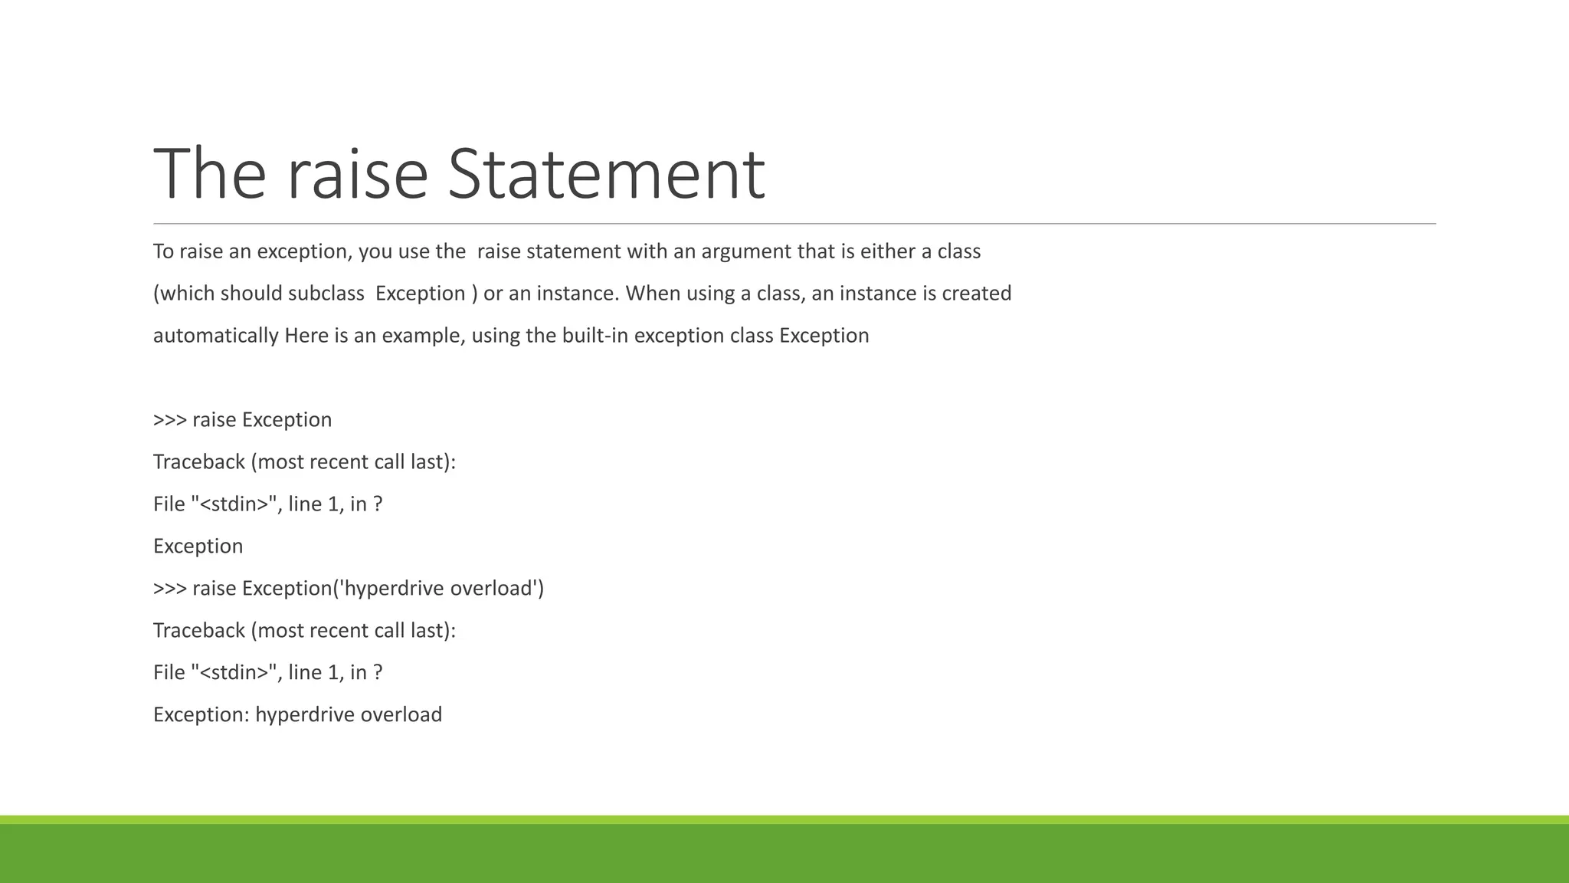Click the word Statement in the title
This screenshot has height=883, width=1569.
pyautogui.click(x=605, y=174)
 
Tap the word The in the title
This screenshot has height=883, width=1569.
pyautogui.click(x=209, y=174)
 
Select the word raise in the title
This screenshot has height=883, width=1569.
pyautogui.click(x=357, y=174)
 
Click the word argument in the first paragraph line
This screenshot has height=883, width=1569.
pyautogui.click(x=746, y=251)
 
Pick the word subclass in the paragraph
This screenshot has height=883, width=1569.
pyautogui.click(x=326, y=294)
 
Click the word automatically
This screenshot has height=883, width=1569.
pyautogui.click(x=215, y=336)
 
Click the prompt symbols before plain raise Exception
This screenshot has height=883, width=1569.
pyautogui.click(x=169, y=420)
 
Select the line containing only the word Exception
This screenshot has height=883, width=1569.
pyautogui.click(x=198, y=547)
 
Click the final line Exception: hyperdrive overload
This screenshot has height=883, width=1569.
pyautogui.click(x=297, y=715)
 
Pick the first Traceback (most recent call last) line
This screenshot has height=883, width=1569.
pyautogui.click(x=304, y=462)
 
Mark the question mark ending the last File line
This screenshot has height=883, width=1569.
pyautogui.click(x=377, y=673)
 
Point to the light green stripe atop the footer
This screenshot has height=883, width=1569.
pyautogui.click(x=784, y=819)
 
